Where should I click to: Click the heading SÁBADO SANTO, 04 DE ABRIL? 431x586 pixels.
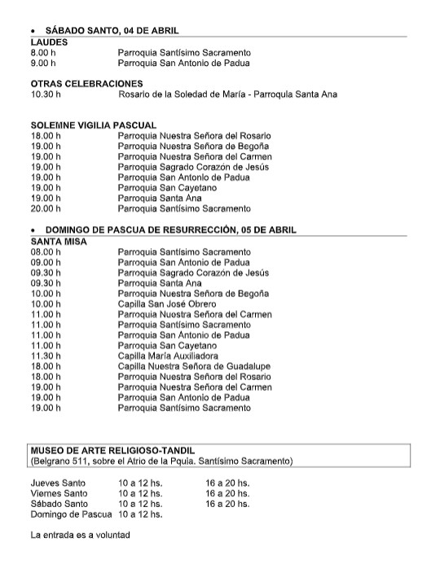[x=112, y=29]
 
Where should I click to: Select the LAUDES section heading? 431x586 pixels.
[x=49, y=41]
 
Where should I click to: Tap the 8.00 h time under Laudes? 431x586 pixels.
[x=44, y=51]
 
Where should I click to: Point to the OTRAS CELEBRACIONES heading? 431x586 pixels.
[x=86, y=83]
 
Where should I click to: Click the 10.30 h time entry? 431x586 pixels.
[x=46, y=94]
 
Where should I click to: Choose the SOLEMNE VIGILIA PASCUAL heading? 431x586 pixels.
[x=93, y=125]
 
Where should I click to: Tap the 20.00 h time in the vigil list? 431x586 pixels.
[x=46, y=208]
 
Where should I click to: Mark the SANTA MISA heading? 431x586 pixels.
[x=58, y=241]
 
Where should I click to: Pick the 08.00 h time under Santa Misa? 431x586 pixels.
[x=46, y=251]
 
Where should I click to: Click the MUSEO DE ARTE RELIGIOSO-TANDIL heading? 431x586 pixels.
[x=112, y=450]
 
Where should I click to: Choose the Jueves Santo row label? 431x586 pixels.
[x=57, y=483]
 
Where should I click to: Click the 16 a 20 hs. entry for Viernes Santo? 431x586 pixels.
[x=227, y=493]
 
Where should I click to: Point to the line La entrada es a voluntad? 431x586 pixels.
[x=80, y=536]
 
